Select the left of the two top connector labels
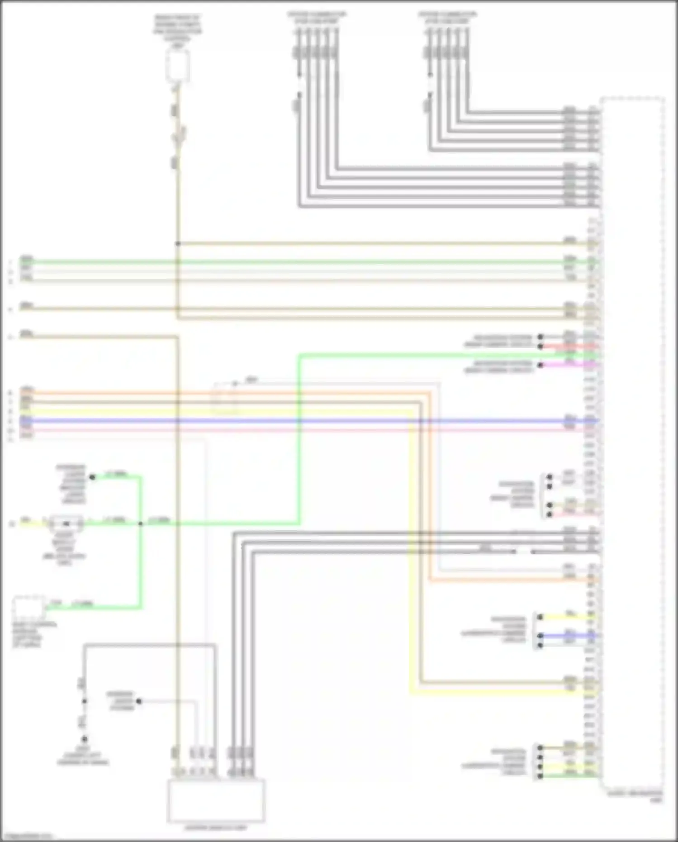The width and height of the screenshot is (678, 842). pos(317,18)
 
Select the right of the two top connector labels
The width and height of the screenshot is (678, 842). pos(447,18)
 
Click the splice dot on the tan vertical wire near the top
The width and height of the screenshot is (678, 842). pos(178,243)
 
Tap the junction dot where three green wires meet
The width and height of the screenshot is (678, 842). pos(141,523)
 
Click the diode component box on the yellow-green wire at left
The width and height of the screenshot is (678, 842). pos(66,523)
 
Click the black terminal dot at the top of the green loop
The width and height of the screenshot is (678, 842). pos(92,477)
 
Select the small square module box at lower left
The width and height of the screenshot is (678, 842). pos(28,608)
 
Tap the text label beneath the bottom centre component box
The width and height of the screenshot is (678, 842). pos(216,828)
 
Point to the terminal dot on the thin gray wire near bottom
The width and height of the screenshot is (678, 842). pos(139,701)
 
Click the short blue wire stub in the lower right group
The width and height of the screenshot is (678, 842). pos(570,636)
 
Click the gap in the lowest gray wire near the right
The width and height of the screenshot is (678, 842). pos(523,552)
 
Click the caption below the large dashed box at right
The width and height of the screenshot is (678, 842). pos(634,796)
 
